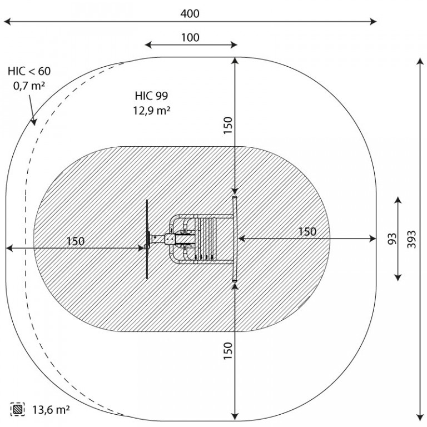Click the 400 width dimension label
190,13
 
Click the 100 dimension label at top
190,38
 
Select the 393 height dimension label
412,240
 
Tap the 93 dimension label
392,239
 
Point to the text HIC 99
151,96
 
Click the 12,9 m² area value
152,111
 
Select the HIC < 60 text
29,71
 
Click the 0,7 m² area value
29,86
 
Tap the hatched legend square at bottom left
18,409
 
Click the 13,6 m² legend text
51,409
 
